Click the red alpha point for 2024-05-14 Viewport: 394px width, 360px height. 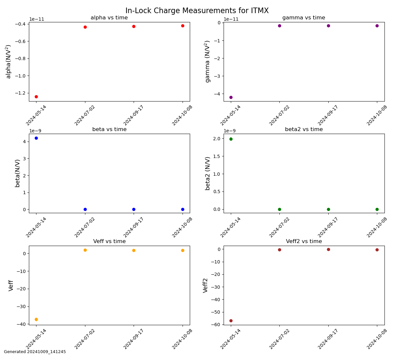(36, 97)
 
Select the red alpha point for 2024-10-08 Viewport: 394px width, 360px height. (183, 26)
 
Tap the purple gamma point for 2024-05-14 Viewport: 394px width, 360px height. (231, 98)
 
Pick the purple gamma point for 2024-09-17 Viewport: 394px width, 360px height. (328, 26)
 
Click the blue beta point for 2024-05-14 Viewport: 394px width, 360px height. (36, 138)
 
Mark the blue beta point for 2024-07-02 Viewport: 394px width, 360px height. (85, 209)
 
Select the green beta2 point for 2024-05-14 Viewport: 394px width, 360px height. (231, 139)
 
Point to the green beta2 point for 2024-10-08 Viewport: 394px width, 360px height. (377, 209)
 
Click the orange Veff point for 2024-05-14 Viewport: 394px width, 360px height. (36, 320)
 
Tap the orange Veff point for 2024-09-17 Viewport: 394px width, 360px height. (134, 251)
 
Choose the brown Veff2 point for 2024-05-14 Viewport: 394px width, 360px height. (231, 321)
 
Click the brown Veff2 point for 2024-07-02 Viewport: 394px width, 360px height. (279, 250)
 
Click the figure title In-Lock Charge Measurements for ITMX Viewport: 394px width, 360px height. (197, 11)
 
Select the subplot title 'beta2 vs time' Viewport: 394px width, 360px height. (304, 129)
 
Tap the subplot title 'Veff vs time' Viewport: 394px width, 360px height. (109, 241)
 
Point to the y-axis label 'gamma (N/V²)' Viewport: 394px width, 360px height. (208, 62)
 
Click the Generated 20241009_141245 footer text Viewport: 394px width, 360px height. (35, 352)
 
